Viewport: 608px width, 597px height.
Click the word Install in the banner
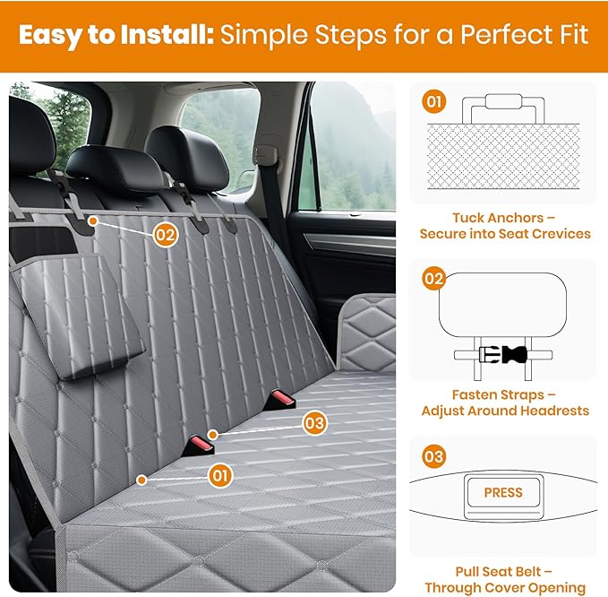click(x=167, y=35)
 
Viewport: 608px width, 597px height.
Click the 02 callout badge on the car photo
click(x=166, y=235)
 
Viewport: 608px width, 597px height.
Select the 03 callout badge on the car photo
click(x=314, y=423)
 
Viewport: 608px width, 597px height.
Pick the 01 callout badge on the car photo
click(x=220, y=476)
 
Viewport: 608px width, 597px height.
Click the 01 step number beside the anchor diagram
click(x=434, y=101)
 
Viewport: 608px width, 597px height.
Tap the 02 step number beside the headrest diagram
click(x=434, y=279)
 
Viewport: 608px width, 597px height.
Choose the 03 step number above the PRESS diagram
click(x=434, y=456)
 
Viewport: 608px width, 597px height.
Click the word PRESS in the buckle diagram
click(x=503, y=492)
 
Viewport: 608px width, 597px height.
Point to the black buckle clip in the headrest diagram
click(x=515, y=354)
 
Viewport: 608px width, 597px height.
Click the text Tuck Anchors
click(x=498, y=218)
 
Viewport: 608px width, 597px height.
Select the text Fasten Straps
click(x=498, y=394)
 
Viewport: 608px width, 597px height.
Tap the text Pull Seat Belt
click(x=498, y=572)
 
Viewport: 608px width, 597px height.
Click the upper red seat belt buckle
click(x=281, y=400)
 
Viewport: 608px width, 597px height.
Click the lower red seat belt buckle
click(x=199, y=446)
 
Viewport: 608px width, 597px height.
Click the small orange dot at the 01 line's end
click(x=141, y=480)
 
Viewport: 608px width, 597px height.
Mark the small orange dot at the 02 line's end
click(x=92, y=221)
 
